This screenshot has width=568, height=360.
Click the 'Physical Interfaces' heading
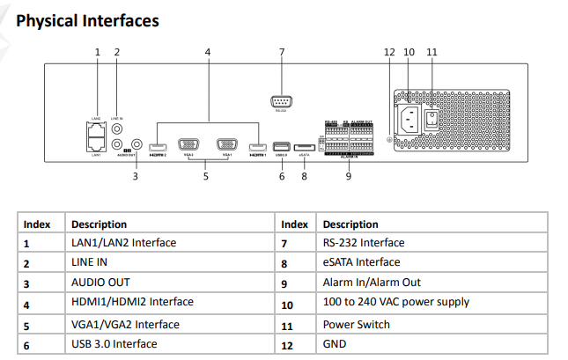click(x=87, y=19)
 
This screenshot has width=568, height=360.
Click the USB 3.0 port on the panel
click(x=282, y=146)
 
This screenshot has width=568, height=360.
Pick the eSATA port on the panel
click(x=304, y=146)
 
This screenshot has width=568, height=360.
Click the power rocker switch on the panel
click(x=432, y=118)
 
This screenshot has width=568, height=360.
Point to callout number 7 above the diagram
click(x=282, y=53)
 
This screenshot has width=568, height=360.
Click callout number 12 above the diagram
click(x=390, y=53)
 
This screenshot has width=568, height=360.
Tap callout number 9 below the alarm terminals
click(x=349, y=177)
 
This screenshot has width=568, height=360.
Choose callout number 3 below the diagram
click(x=136, y=177)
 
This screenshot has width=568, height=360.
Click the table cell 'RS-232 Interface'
click(x=364, y=243)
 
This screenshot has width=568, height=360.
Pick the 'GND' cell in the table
click(x=335, y=344)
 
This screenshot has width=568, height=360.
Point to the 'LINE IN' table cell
click(x=90, y=263)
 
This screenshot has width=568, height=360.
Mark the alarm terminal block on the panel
click(x=349, y=137)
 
